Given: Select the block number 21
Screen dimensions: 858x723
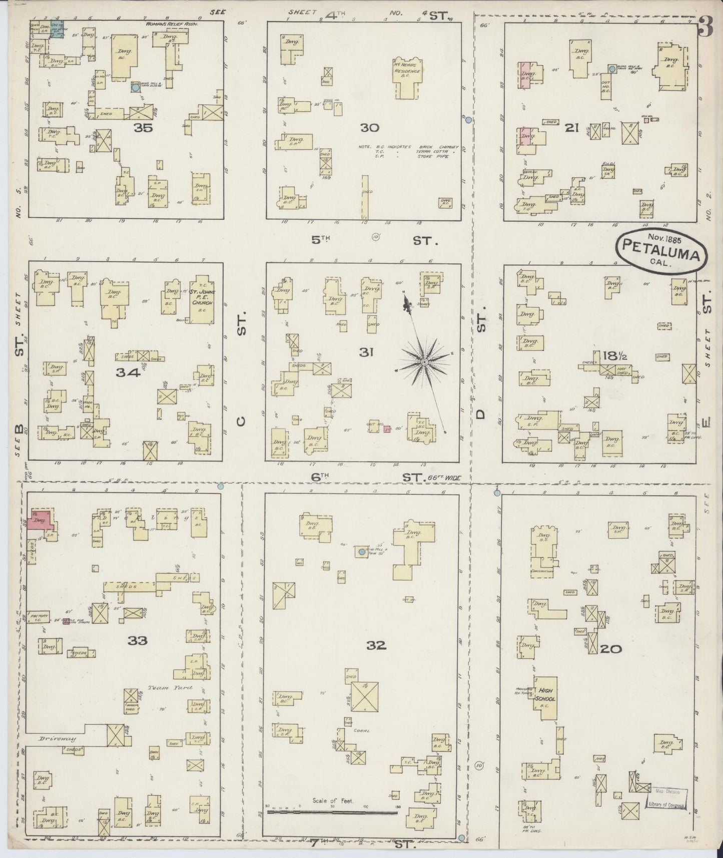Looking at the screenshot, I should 572,128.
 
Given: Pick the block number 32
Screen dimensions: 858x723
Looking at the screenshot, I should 376,645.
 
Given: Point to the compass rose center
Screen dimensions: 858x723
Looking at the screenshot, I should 424,361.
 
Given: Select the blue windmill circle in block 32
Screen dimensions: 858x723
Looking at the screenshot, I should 361,552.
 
